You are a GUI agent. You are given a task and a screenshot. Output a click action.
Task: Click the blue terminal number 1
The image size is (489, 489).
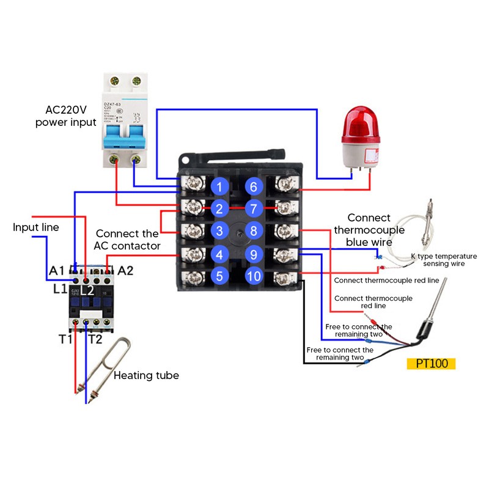[x=219, y=186]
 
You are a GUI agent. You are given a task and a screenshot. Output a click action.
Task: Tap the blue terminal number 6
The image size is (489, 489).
[x=254, y=186]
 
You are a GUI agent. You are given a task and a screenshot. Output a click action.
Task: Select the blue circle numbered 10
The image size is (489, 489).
[x=254, y=276]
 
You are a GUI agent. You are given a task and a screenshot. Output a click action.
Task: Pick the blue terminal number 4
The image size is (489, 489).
[x=219, y=254]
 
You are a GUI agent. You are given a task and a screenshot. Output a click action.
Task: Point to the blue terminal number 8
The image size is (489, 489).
[x=254, y=231]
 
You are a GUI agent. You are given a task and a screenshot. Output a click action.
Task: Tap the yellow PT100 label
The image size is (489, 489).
[x=431, y=363]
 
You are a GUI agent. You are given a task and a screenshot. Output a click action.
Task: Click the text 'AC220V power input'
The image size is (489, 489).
[x=65, y=116]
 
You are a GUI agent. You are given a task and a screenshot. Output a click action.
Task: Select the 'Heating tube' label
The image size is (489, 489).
[x=146, y=375]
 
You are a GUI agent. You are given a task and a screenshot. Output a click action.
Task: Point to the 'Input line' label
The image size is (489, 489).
[x=36, y=227]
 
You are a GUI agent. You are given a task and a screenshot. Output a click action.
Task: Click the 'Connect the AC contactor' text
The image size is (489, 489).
[x=128, y=240]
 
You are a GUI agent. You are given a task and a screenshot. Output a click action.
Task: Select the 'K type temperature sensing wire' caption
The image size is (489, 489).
[x=443, y=260]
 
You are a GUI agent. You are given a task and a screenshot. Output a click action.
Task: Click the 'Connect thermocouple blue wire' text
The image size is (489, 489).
[x=369, y=230]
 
